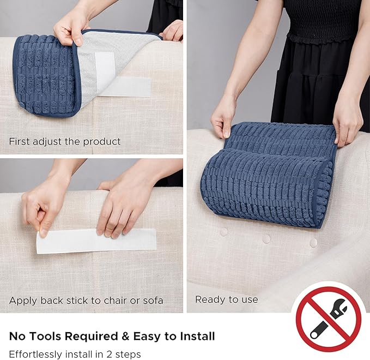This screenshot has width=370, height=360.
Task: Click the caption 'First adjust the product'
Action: (x=65, y=141)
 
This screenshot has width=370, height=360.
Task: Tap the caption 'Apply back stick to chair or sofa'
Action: (x=86, y=301)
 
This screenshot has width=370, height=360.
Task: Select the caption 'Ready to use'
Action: (x=227, y=299)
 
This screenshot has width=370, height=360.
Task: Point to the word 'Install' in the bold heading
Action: (x=197, y=336)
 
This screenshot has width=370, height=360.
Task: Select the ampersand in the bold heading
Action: (x=125, y=336)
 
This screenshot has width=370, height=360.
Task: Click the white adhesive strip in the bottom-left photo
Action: (x=96, y=241)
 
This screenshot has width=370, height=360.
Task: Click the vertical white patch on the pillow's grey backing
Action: (x=105, y=69)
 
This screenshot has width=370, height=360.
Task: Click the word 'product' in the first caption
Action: (x=102, y=142)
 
